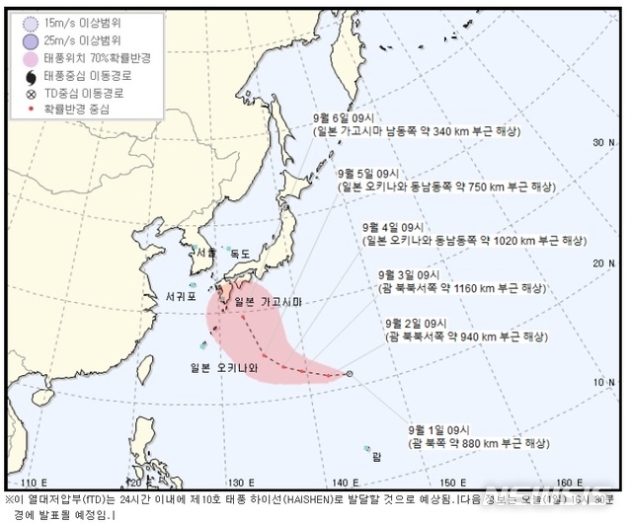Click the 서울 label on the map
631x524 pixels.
pyautogui.click(x=206, y=254)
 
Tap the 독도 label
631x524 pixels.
pyautogui.click(x=240, y=254)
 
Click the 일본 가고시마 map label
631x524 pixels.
pyautogui.click(x=271, y=301)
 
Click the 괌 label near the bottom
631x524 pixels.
pyautogui.click(x=376, y=456)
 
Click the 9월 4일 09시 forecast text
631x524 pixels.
pyautogui.click(x=392, y=226)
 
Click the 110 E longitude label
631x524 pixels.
pyautogui.click(x=39, y=483)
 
